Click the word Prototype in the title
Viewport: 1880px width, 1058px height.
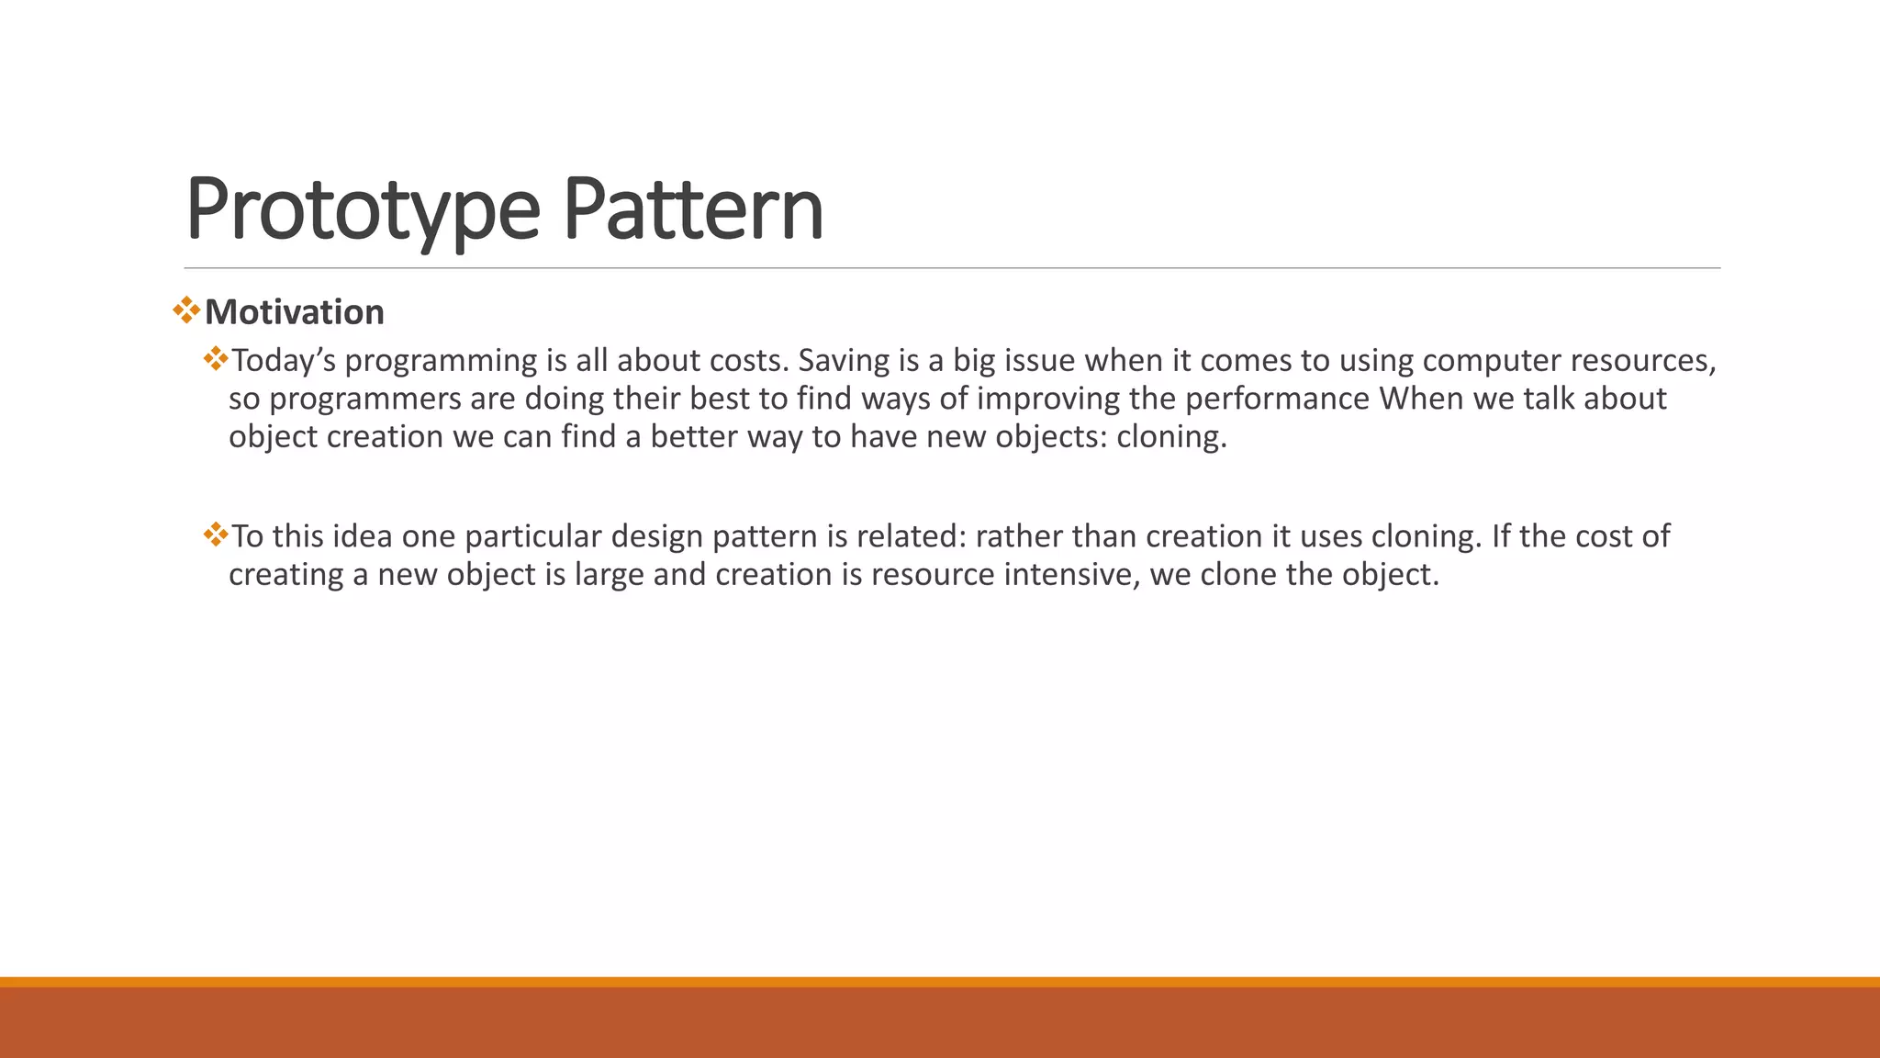363,209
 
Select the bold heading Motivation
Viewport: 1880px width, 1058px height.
294,312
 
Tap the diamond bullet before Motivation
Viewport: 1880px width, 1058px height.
186,310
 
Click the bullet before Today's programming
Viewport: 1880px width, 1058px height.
216,358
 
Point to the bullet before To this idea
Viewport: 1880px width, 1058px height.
216,534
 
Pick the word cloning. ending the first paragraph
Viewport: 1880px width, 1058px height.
1171,436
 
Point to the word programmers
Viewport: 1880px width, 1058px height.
364,399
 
